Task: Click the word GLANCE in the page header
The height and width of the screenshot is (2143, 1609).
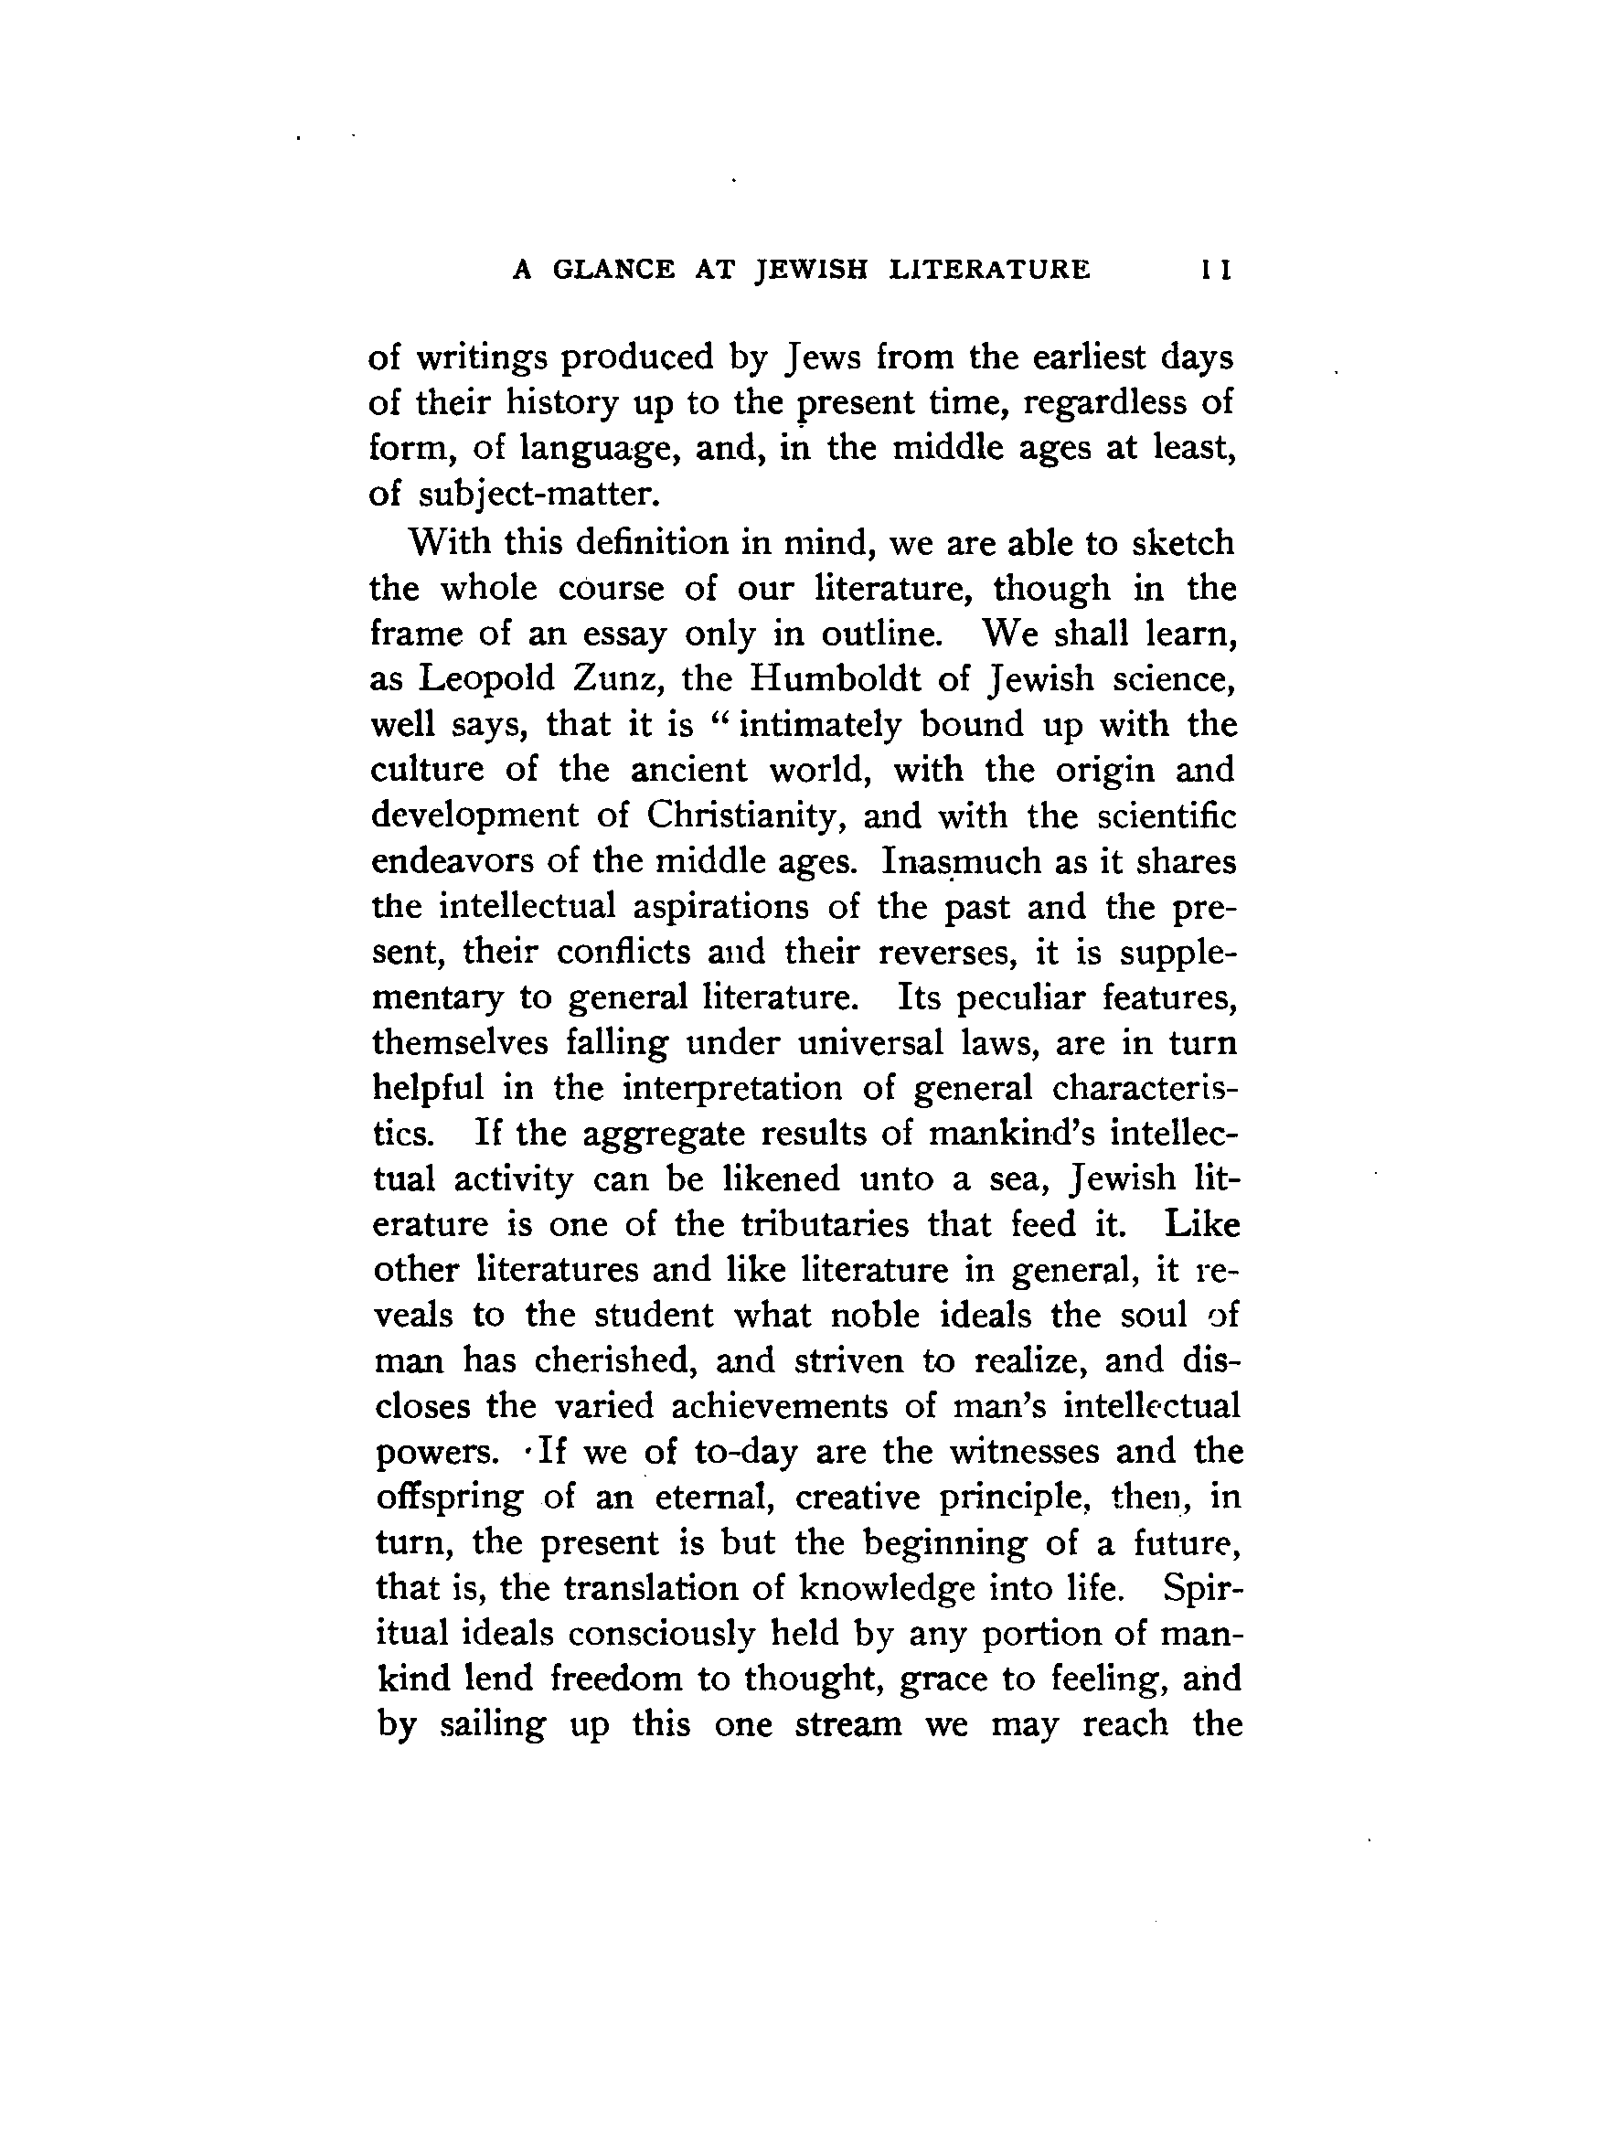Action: click(613, 270)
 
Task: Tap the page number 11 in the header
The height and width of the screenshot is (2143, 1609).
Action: click(1215, 271)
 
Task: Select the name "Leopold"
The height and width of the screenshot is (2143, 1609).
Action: click(486, 678)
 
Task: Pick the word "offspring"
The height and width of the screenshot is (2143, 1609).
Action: click(450, 1498)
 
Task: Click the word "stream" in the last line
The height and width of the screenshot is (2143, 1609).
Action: click(847, 1724)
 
